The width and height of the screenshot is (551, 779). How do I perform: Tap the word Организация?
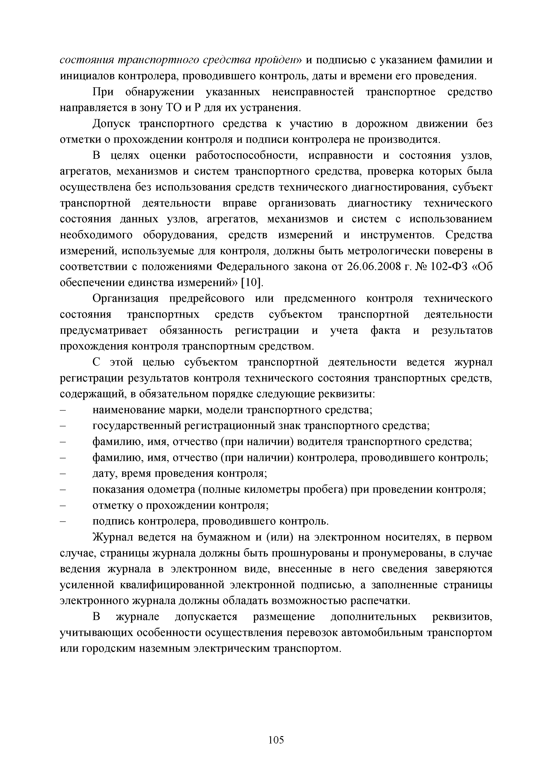[x=126, y=299]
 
